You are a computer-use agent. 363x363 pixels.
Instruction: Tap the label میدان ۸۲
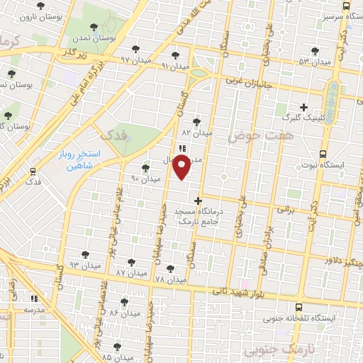[x=197, y=133]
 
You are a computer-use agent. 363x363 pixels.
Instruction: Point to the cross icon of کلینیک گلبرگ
[x=304, y=107]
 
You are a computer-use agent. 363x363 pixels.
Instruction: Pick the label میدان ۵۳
[x=316, y=62]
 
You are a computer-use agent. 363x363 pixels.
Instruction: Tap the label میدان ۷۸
[x=169, y=281]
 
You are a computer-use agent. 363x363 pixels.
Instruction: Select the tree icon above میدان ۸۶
[x=124, y=301]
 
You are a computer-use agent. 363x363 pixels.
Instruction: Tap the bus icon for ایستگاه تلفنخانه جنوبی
[x=299, y=307]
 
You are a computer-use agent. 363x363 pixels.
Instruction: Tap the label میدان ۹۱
[x=174, y=66]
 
